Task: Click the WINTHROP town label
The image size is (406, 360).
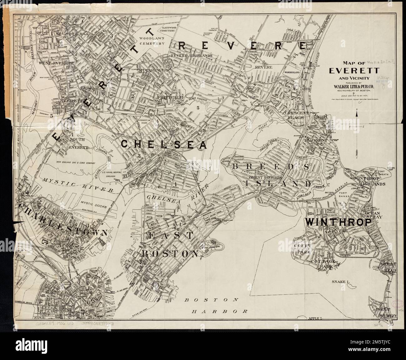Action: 338,222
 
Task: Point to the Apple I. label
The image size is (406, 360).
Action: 317,318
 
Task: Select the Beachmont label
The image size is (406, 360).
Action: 316,141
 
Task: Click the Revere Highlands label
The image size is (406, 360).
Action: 191,56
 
